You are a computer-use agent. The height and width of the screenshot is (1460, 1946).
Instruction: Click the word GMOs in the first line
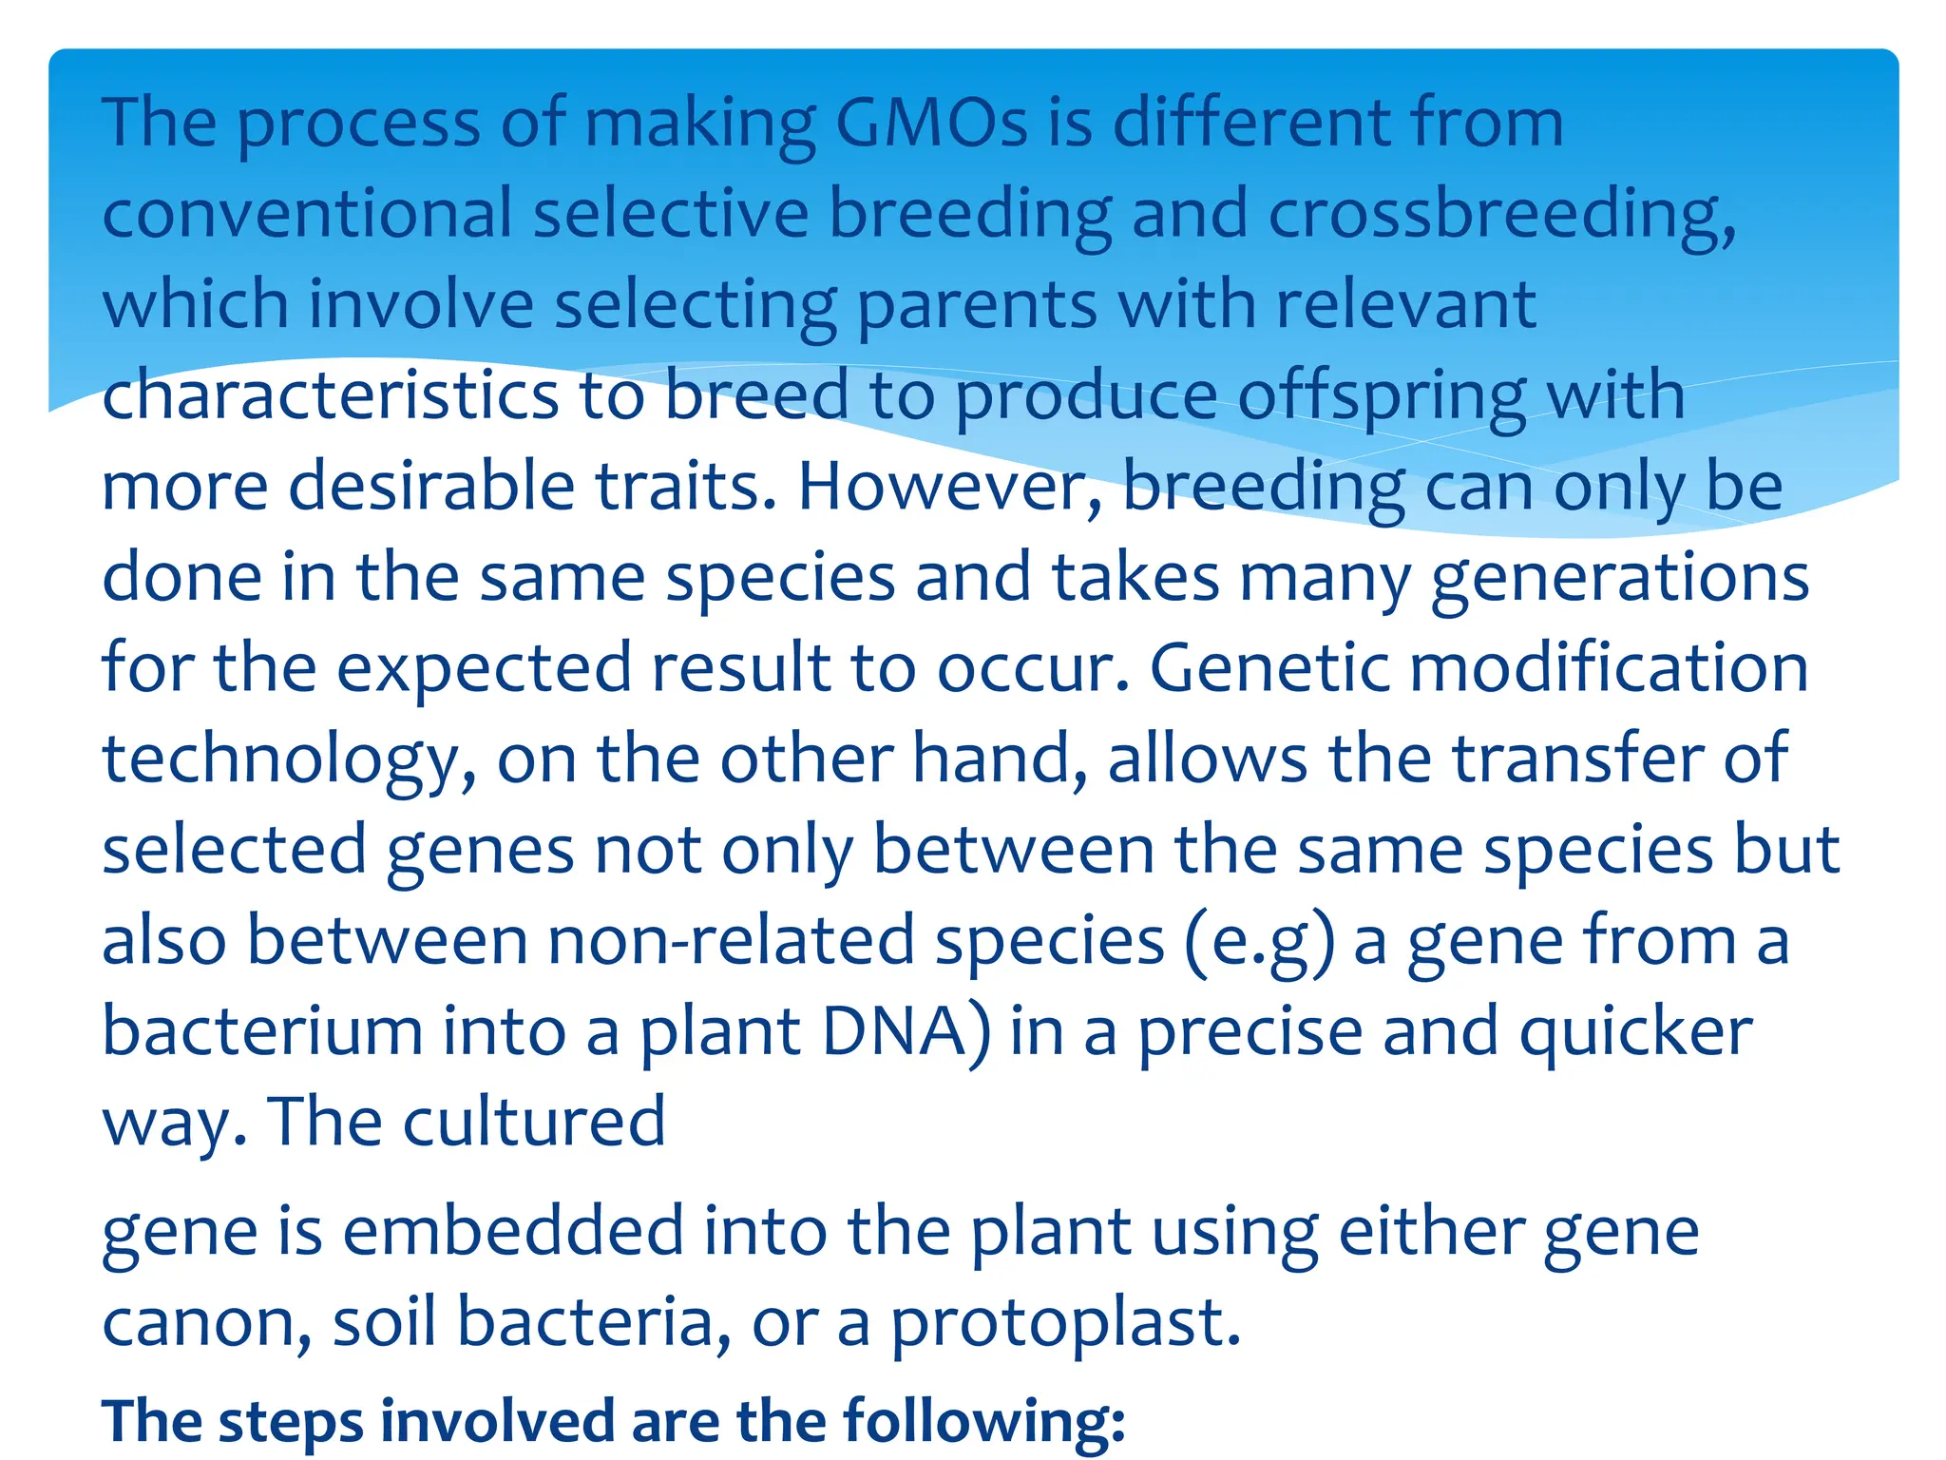click(x=931, y=124)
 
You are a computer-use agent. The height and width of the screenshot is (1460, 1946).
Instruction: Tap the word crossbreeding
click(x=1501, y=214)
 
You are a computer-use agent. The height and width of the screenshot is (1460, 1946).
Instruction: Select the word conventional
click(x=307, y=214)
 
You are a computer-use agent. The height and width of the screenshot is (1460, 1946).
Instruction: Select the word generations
click(x=1619, y=578)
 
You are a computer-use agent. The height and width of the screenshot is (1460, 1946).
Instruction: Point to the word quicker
click(x=1635, y=1032)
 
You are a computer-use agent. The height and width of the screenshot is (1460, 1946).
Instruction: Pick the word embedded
click(x=513, y=1232)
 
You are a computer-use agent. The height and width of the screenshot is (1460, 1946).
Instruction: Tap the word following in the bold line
click(x=983, y=1422)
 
